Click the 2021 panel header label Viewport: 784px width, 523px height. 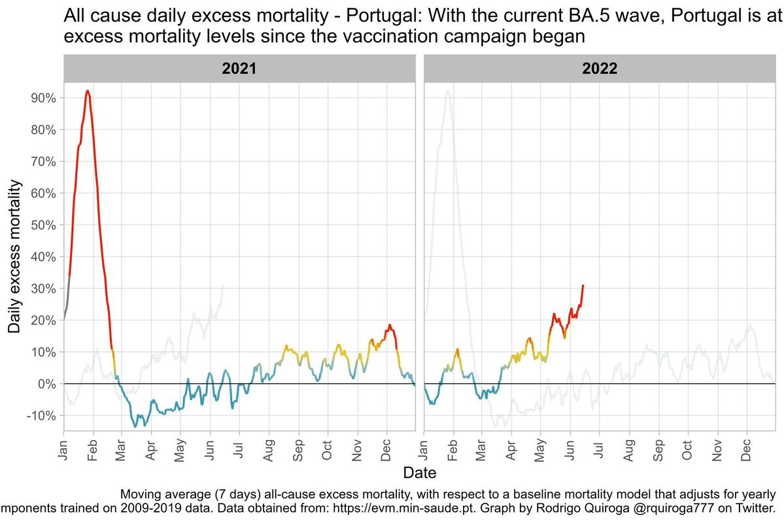tap(239, 69)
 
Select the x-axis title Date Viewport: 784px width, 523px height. tap(418, 471)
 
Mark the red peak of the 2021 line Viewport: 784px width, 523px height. tap(87, 92)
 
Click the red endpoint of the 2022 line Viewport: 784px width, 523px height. tap(583, 285)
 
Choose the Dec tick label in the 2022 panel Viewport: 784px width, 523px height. tap(747, 447)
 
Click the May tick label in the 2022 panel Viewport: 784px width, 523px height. tap(541, 447)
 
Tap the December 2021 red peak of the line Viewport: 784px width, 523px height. tap(390, 325)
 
